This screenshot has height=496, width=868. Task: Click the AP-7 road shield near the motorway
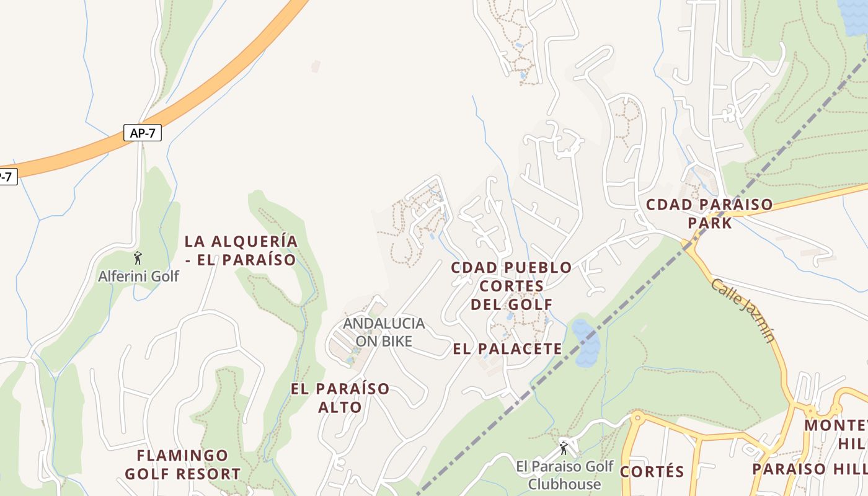click(143, 133)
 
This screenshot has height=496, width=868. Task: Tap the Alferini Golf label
click(138, 276)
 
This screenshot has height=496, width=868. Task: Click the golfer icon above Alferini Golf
click(138, 257)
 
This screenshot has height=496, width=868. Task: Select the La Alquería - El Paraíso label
click(241, 250)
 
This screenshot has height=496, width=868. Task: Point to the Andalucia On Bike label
click(384, 332)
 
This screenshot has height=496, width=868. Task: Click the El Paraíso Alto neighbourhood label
click(340, 398)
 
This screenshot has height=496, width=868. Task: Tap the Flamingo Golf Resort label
click(182, 465)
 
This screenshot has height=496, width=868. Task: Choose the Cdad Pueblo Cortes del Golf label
click(511, 286)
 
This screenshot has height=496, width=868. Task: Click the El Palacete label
click(507, 348)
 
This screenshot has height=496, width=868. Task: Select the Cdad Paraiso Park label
click(709, 213)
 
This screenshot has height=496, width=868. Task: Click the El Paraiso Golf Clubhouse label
click(564, 475)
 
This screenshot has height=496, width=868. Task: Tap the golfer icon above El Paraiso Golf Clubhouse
click(564, 448)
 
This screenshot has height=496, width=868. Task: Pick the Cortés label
click(652, 472)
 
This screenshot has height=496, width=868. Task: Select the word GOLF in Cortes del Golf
click(530, 304)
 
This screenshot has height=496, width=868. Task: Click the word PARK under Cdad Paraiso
click(710, 223)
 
